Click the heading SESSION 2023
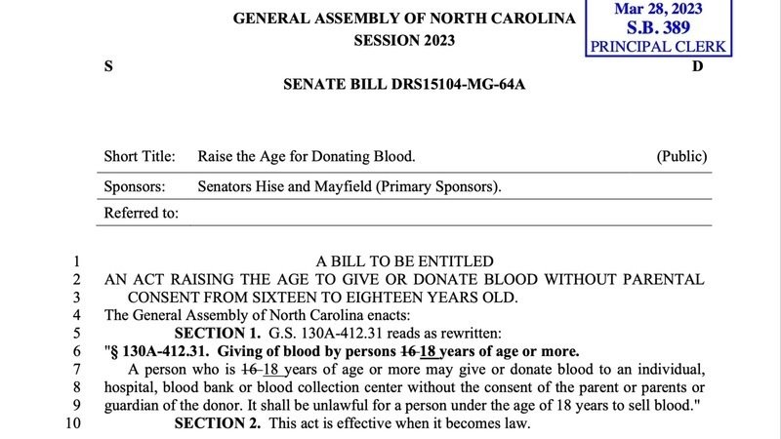tap(403, 41)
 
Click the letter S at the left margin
tap(108, 66)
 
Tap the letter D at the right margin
tap(697, 66)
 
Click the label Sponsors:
tap(135, 185)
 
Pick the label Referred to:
tap(142, 214)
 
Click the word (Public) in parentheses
tap(681, 156)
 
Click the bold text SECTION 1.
tap(217, 333)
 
